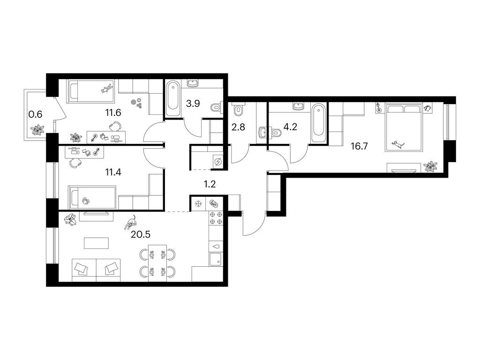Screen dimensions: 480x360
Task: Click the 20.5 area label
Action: pyautogui.click(x=141, y=234)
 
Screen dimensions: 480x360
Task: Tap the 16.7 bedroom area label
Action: pyautogui.click(x=359, y=146)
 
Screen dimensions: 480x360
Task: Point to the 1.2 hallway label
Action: pyautogui.click(x=210, y=184)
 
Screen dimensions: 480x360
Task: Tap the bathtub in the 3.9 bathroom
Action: pyautogui.click(x=173, y=98)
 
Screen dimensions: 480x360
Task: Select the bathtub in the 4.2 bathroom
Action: pyautogui.click(x=318, y=123)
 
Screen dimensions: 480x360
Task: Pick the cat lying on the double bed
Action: pyautogui.click(x=398, y=144)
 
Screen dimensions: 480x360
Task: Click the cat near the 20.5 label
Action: pyautogui.click(x=131, y=222)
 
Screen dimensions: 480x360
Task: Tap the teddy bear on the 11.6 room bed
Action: pyautogui.click(x=106, y=89)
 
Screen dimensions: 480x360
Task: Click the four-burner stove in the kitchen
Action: pyautogui.click(x=216, y=218)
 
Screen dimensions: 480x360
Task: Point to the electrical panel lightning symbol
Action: pyautogui.click(x=218, y=161)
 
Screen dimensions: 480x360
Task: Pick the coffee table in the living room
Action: pyautogui.click(x=96, y=243)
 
